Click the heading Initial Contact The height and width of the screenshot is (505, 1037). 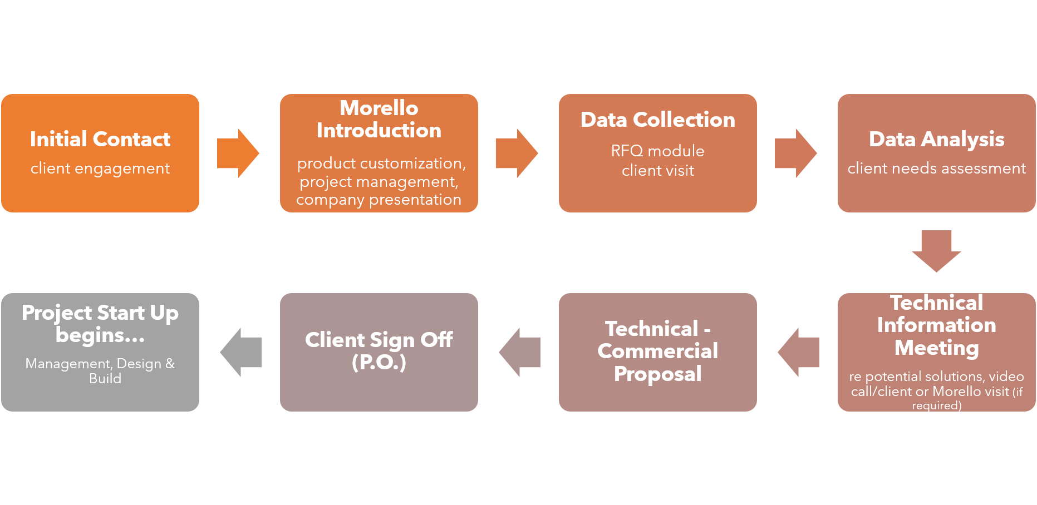click(x=100, y=139)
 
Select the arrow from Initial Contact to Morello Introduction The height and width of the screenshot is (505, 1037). click(x=238, y=153)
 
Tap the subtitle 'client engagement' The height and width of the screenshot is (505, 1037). click(x=100, y=168)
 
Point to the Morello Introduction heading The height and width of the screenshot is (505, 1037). click(x=379, y=119)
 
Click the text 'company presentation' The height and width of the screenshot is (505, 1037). click(x=379, y=200)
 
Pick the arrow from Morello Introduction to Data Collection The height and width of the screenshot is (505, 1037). click(x=517, y=153)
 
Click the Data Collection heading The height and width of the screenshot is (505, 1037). click(x=657, y=120)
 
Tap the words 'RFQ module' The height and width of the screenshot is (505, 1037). click(x=657, y=151)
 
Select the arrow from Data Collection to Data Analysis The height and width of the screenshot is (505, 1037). click(x=795, y=153)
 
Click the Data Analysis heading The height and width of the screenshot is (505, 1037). click(x=936, y=139)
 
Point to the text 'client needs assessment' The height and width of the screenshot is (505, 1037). click(x=936, y=168)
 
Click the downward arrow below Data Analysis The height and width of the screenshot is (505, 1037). click(x=936, y=251)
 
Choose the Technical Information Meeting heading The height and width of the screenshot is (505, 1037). click(x=936, y=325)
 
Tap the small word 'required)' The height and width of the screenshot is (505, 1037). click(x=936, y=405)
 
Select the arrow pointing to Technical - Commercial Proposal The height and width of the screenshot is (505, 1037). click(x=799, y=352)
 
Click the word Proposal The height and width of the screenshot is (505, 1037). click(x=657, y=374)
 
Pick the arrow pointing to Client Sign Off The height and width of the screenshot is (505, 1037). click(x=520, y=352)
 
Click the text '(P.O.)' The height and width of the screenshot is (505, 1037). click(x=379, y=363)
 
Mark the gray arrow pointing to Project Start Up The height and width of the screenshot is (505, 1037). click(x=241, y=352)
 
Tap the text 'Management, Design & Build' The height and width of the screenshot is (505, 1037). click(x=100, y=370)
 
